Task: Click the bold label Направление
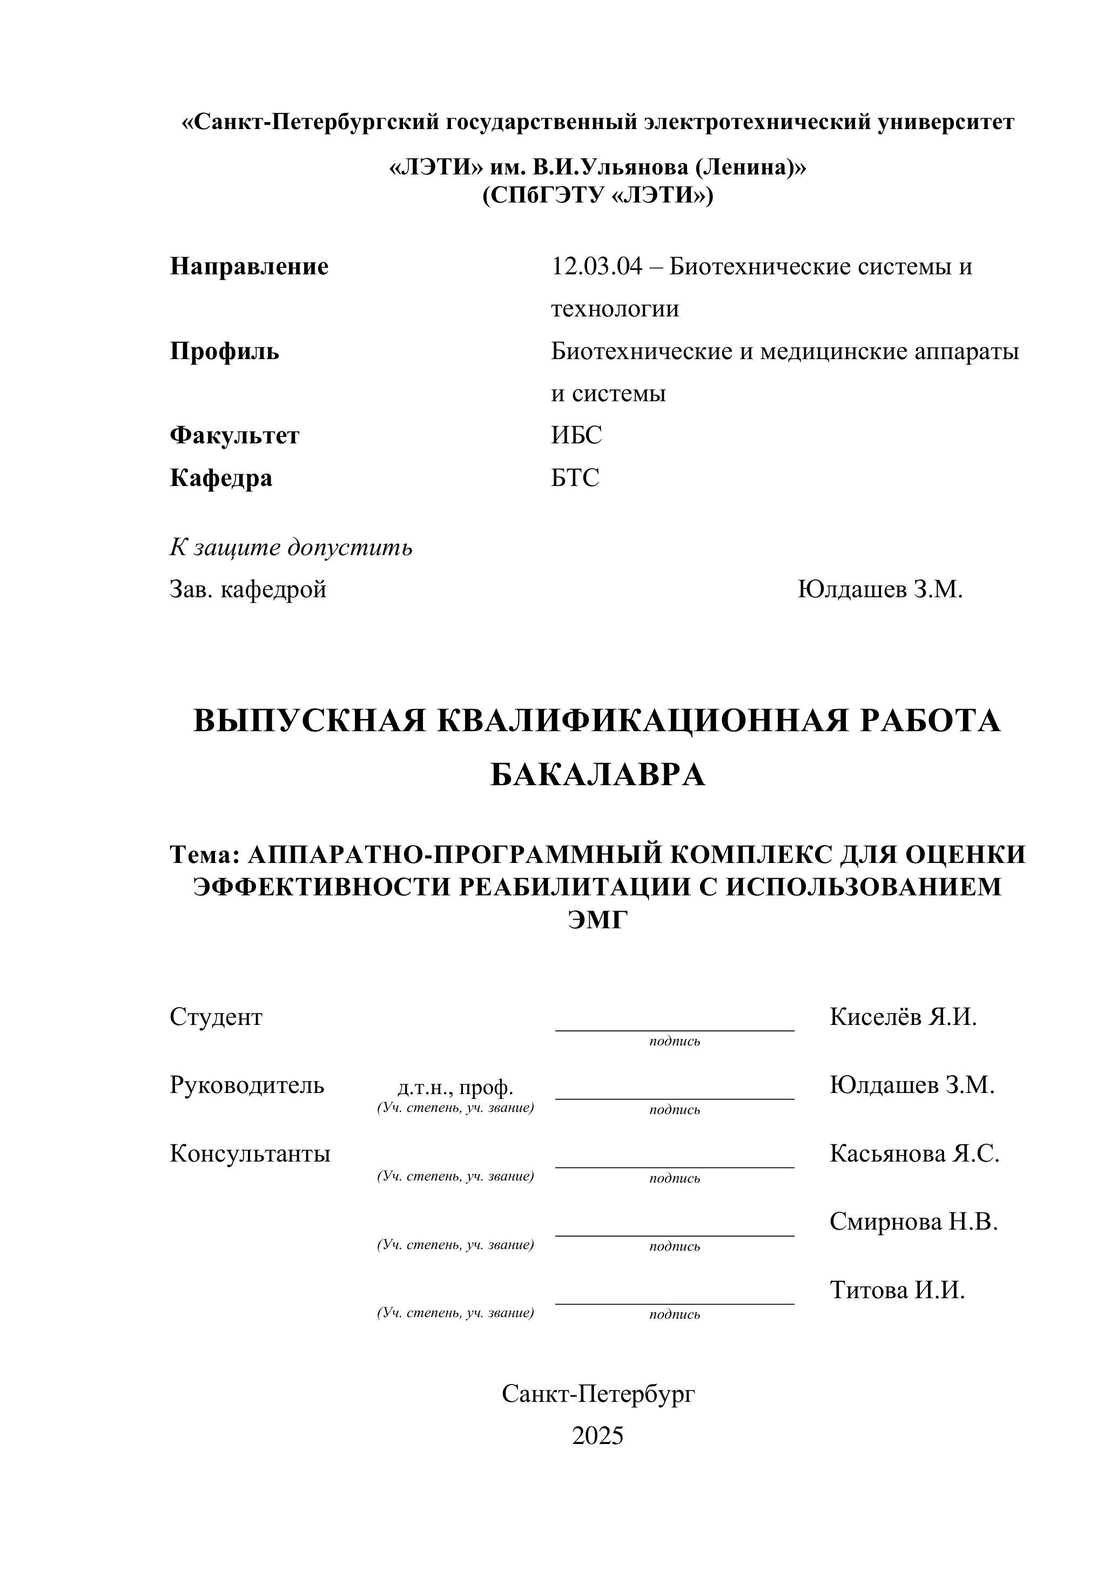[249, 266]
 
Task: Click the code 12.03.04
[596, 266]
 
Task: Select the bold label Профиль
[224, 352]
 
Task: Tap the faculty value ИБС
[576, 435]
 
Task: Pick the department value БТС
[575, 477]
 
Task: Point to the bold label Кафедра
[221, 477]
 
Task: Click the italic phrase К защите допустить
[291, 548]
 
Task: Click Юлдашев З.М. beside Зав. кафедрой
[880, 589]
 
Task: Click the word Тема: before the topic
[204, 855]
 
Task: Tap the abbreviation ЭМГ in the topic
[598, 920]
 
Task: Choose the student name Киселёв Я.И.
[903, 1016]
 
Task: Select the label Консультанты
[250, 1153]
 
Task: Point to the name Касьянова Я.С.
[914, 1153]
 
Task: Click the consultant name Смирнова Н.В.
[913, 1222]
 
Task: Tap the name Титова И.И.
[897, 1290]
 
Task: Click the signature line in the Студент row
[674, 1029]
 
